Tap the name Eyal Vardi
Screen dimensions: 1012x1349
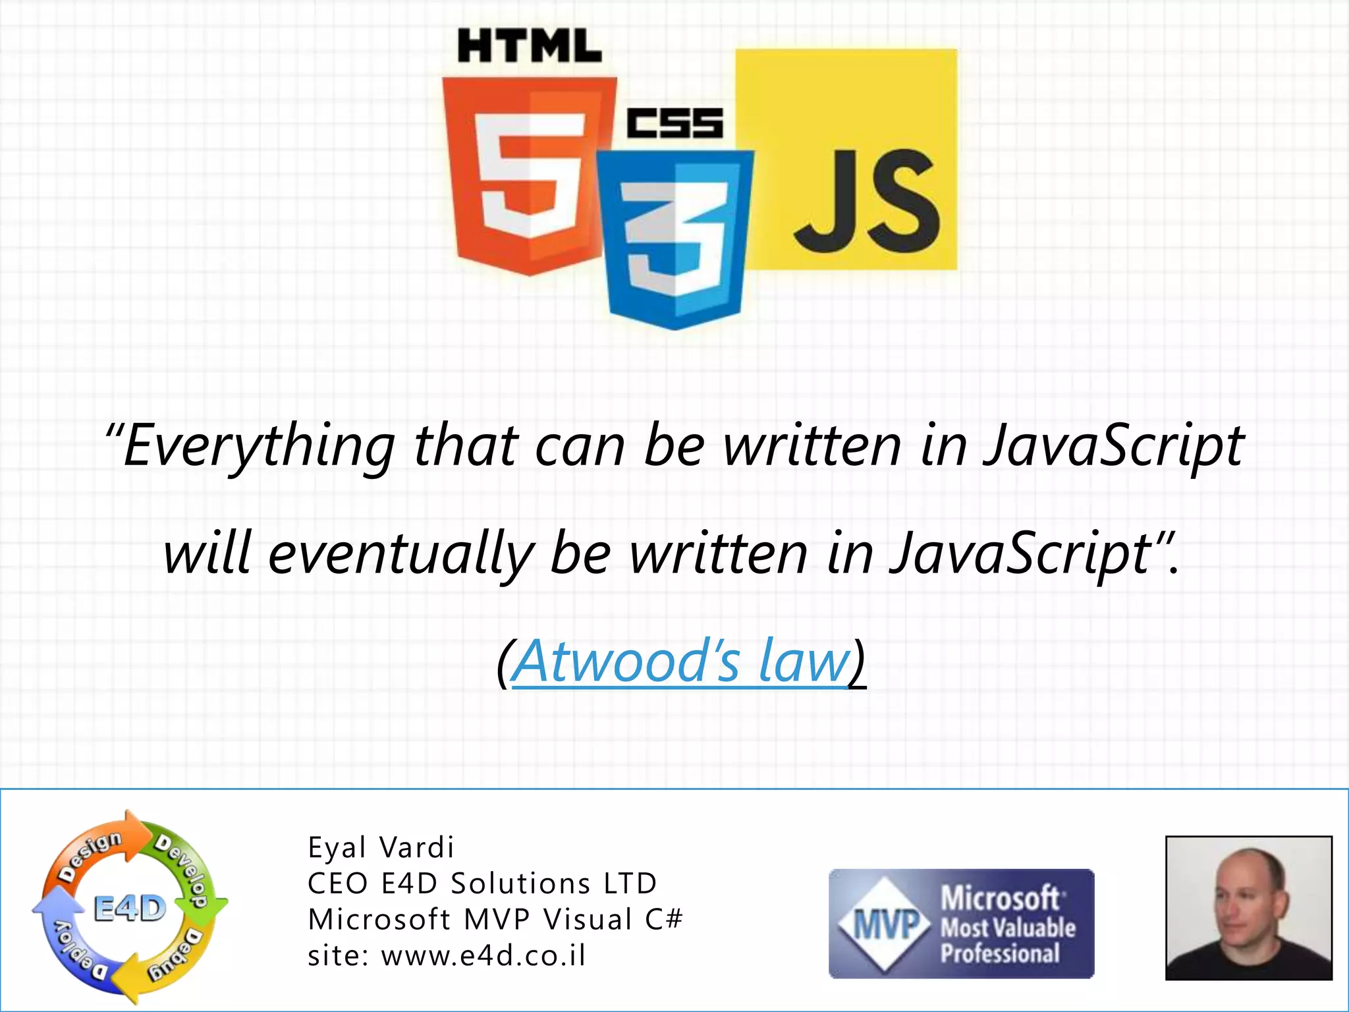(381, 847)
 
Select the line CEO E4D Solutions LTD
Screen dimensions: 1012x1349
(482, 884)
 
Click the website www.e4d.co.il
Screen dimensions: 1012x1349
(483, 955)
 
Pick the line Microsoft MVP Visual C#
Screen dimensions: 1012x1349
(495, 920)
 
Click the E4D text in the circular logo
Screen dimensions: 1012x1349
(130, 909)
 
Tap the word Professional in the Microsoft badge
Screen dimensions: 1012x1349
(1000, 953)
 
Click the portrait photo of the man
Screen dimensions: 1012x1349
(1249, 908)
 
